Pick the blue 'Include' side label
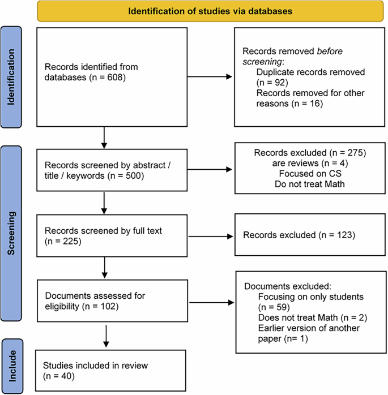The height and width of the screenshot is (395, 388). [12, 366]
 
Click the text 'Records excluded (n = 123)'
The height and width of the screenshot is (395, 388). [298, 234]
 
